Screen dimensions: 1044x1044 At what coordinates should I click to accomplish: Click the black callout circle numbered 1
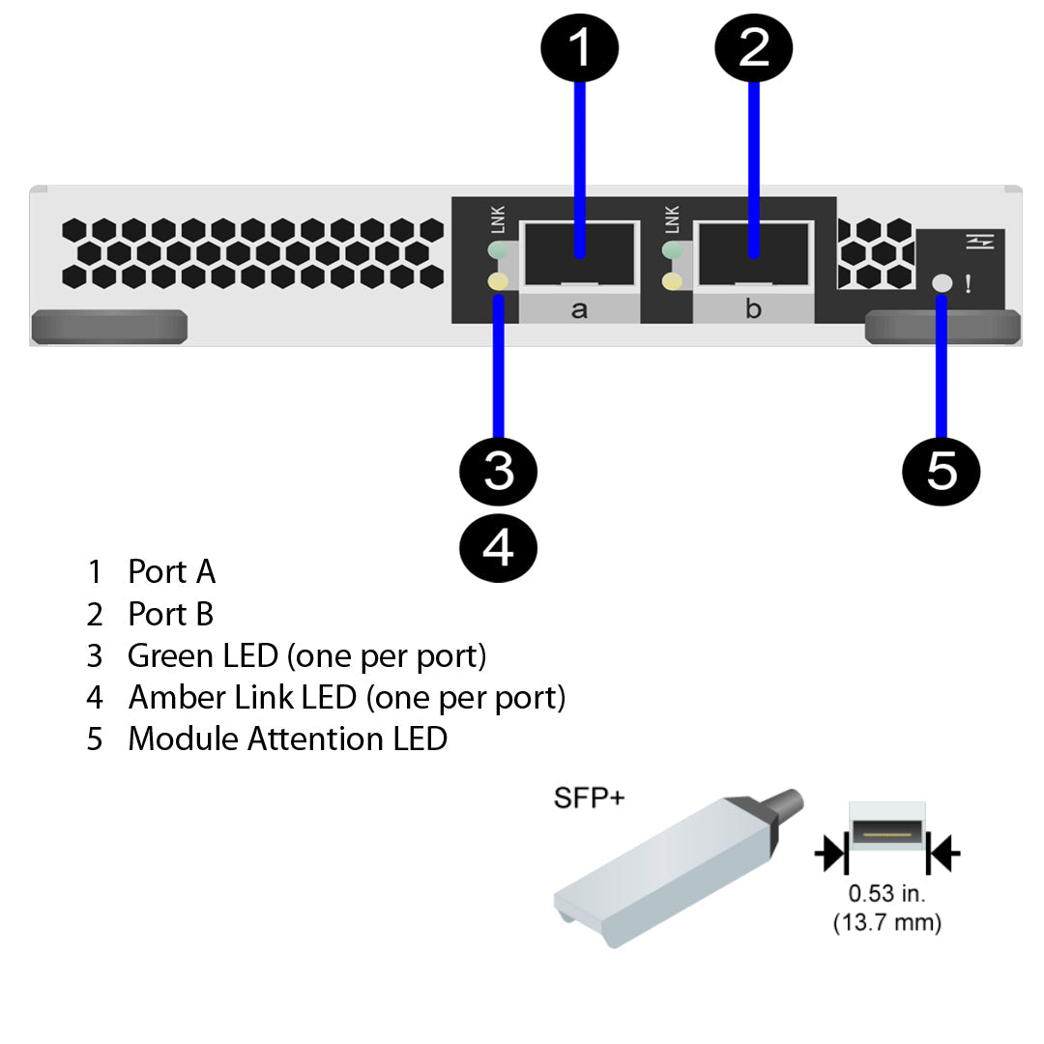click(x=579, y=45)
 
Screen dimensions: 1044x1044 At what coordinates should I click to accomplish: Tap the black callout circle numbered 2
click(x=753, y=45)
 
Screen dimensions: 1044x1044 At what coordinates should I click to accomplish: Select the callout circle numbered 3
click(x=498, y=473)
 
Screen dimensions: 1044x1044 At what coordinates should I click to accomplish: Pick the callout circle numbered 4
click(x=498, y=548)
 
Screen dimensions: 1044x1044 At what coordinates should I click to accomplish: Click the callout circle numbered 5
click(x=941, y=473)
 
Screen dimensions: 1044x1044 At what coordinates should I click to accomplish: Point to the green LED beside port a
click(x=498, y=251)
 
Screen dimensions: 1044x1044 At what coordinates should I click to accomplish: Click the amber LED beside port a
click(x=498, y=282)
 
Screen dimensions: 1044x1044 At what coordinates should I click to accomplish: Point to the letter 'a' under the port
click(x=579, y=309)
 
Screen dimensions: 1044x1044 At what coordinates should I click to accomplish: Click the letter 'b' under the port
click(x=753, y=309)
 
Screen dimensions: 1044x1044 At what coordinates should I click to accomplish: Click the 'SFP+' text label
click(x=589, y=798)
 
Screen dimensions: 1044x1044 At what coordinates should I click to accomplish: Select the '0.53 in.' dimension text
click(x=886, y=893)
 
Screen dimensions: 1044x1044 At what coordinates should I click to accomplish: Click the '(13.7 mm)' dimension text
click(x=886, y=922)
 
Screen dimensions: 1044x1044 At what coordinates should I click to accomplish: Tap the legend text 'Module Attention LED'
click(x=287, y=739)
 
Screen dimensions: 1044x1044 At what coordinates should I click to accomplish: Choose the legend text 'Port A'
click(x=171, y=572)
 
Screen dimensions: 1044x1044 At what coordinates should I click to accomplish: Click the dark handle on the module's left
click(x=109, y=327)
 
